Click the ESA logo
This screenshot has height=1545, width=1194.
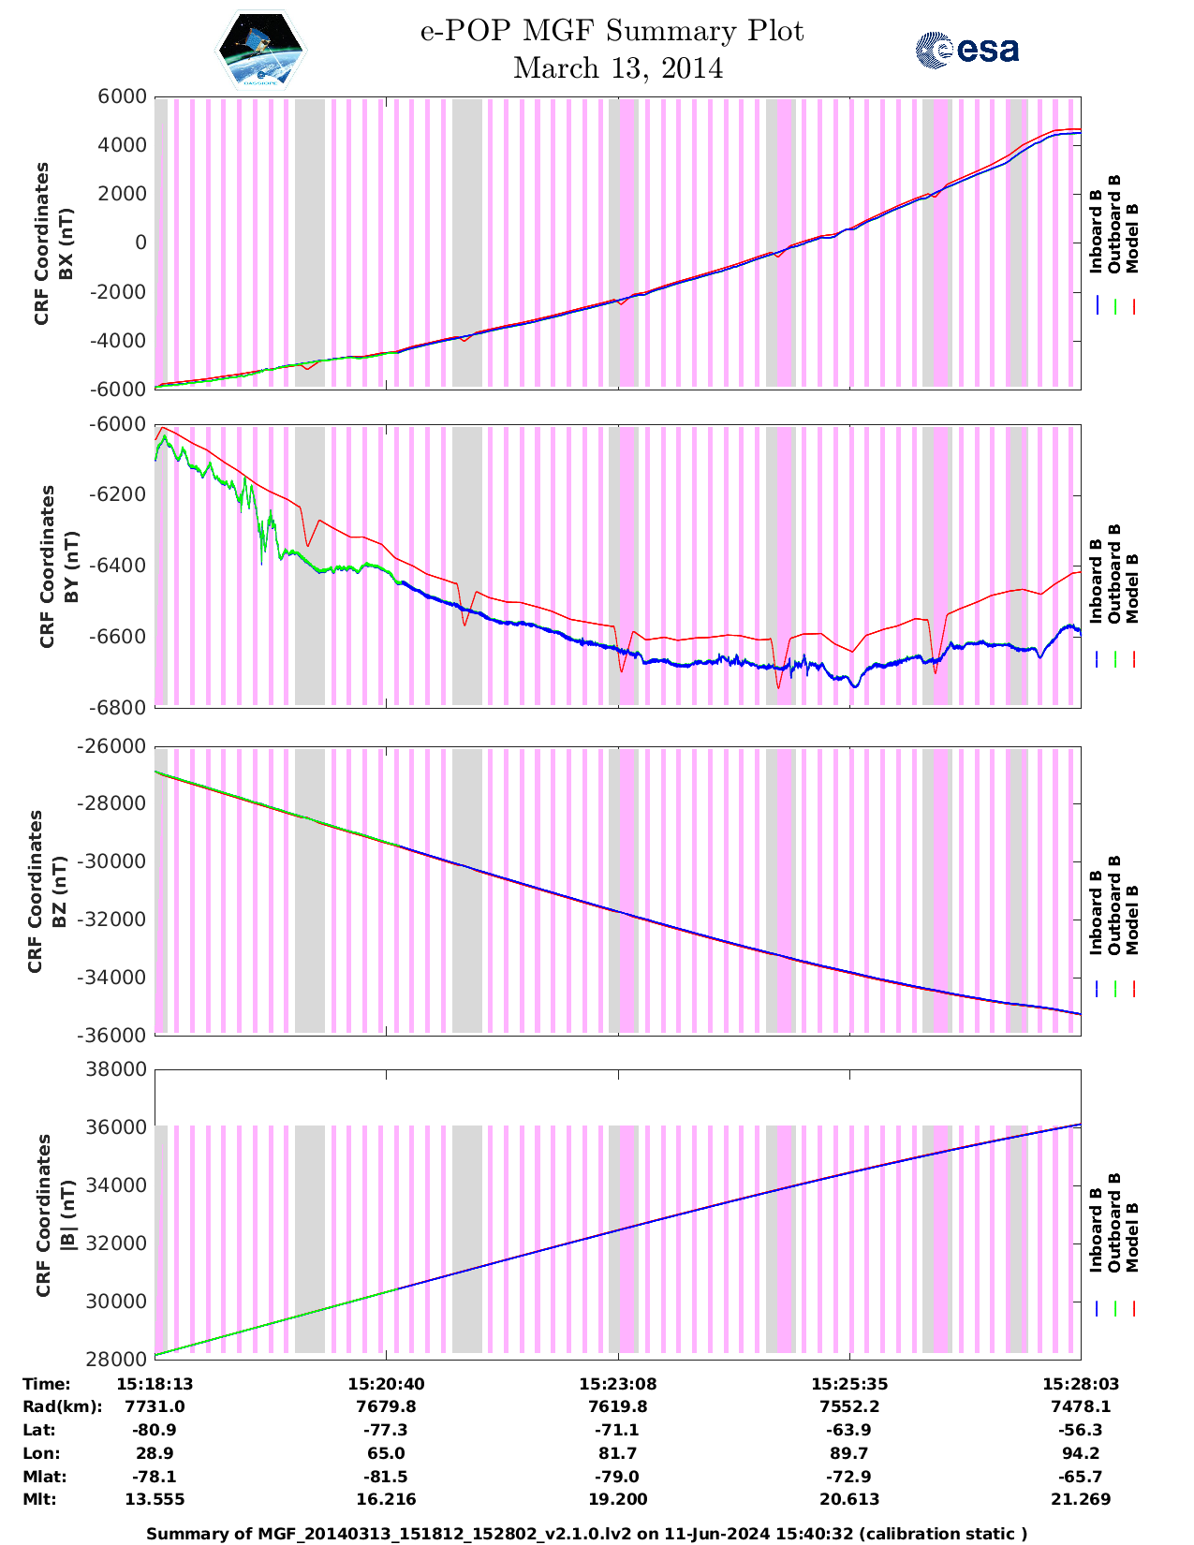[x=966, y=50]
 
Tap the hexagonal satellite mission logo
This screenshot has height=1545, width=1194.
[x=260, y=49]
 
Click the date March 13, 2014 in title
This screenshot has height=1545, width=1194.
[x=618, y=68]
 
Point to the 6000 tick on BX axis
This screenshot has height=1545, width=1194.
[x=122, y=96]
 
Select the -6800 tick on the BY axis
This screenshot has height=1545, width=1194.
[x=117, y=708]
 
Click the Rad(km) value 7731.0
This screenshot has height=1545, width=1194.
[x=155, y=1406]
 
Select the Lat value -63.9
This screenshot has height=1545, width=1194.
[x=849, y=1430]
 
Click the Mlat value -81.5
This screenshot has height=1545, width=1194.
[x=386, y=1477]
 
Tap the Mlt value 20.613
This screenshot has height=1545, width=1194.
[x=849, y=1499]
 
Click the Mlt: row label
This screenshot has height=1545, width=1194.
[x=39, y=1499]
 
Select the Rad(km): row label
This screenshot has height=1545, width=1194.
[x=63, y=1406]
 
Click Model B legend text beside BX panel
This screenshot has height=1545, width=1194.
[x=1132, y=238]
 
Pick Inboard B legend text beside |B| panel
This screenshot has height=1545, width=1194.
[x=1097, y=1229]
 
